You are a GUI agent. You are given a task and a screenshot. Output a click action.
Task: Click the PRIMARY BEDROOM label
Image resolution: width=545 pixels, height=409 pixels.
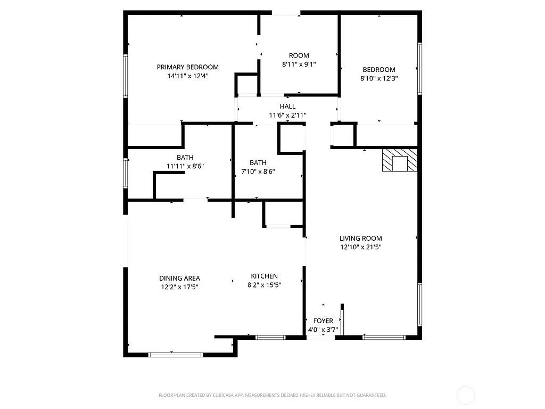coord(187,67)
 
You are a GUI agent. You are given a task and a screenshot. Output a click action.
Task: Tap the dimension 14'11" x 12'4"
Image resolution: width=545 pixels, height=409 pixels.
coord(187,76)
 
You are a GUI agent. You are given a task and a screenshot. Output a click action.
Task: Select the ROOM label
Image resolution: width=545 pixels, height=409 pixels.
coord(299,55)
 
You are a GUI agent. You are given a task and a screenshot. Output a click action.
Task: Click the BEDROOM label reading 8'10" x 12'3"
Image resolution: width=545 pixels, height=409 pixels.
coord(379,69)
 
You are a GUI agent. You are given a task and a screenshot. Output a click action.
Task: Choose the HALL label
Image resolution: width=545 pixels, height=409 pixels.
coord(287,107)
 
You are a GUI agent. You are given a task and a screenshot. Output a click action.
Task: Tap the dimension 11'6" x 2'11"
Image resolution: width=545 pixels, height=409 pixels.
coord(287,115)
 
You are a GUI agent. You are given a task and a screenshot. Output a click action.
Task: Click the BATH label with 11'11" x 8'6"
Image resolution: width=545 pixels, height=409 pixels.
coord(185,157)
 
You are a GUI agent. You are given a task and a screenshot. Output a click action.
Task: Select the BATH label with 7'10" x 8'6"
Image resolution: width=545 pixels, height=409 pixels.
coord(258,162)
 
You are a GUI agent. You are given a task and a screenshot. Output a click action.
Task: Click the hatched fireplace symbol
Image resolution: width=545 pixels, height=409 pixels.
coord(399,161)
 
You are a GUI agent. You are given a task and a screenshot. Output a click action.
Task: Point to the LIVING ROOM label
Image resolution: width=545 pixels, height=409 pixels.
coord(361,239)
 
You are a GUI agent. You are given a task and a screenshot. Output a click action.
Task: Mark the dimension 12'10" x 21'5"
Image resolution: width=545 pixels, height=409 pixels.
coord(361,247)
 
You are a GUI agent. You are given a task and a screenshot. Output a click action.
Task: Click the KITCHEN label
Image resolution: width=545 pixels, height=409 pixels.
coord(265,276)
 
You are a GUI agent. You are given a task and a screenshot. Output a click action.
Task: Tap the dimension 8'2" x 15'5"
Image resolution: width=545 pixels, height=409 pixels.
coord(265,284)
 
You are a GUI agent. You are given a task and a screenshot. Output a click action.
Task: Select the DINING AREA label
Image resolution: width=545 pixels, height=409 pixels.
coord(179,278)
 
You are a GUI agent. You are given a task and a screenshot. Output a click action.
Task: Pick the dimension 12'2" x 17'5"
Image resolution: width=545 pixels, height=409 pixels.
coord(179,287)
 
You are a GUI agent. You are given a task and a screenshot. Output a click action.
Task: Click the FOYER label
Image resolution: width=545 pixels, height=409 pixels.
coord(323,321)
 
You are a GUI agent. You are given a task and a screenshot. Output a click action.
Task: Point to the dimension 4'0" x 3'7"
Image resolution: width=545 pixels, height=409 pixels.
coord(323,329)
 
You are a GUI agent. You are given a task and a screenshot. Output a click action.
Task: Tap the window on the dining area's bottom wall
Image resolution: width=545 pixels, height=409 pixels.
coord(175,354)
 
